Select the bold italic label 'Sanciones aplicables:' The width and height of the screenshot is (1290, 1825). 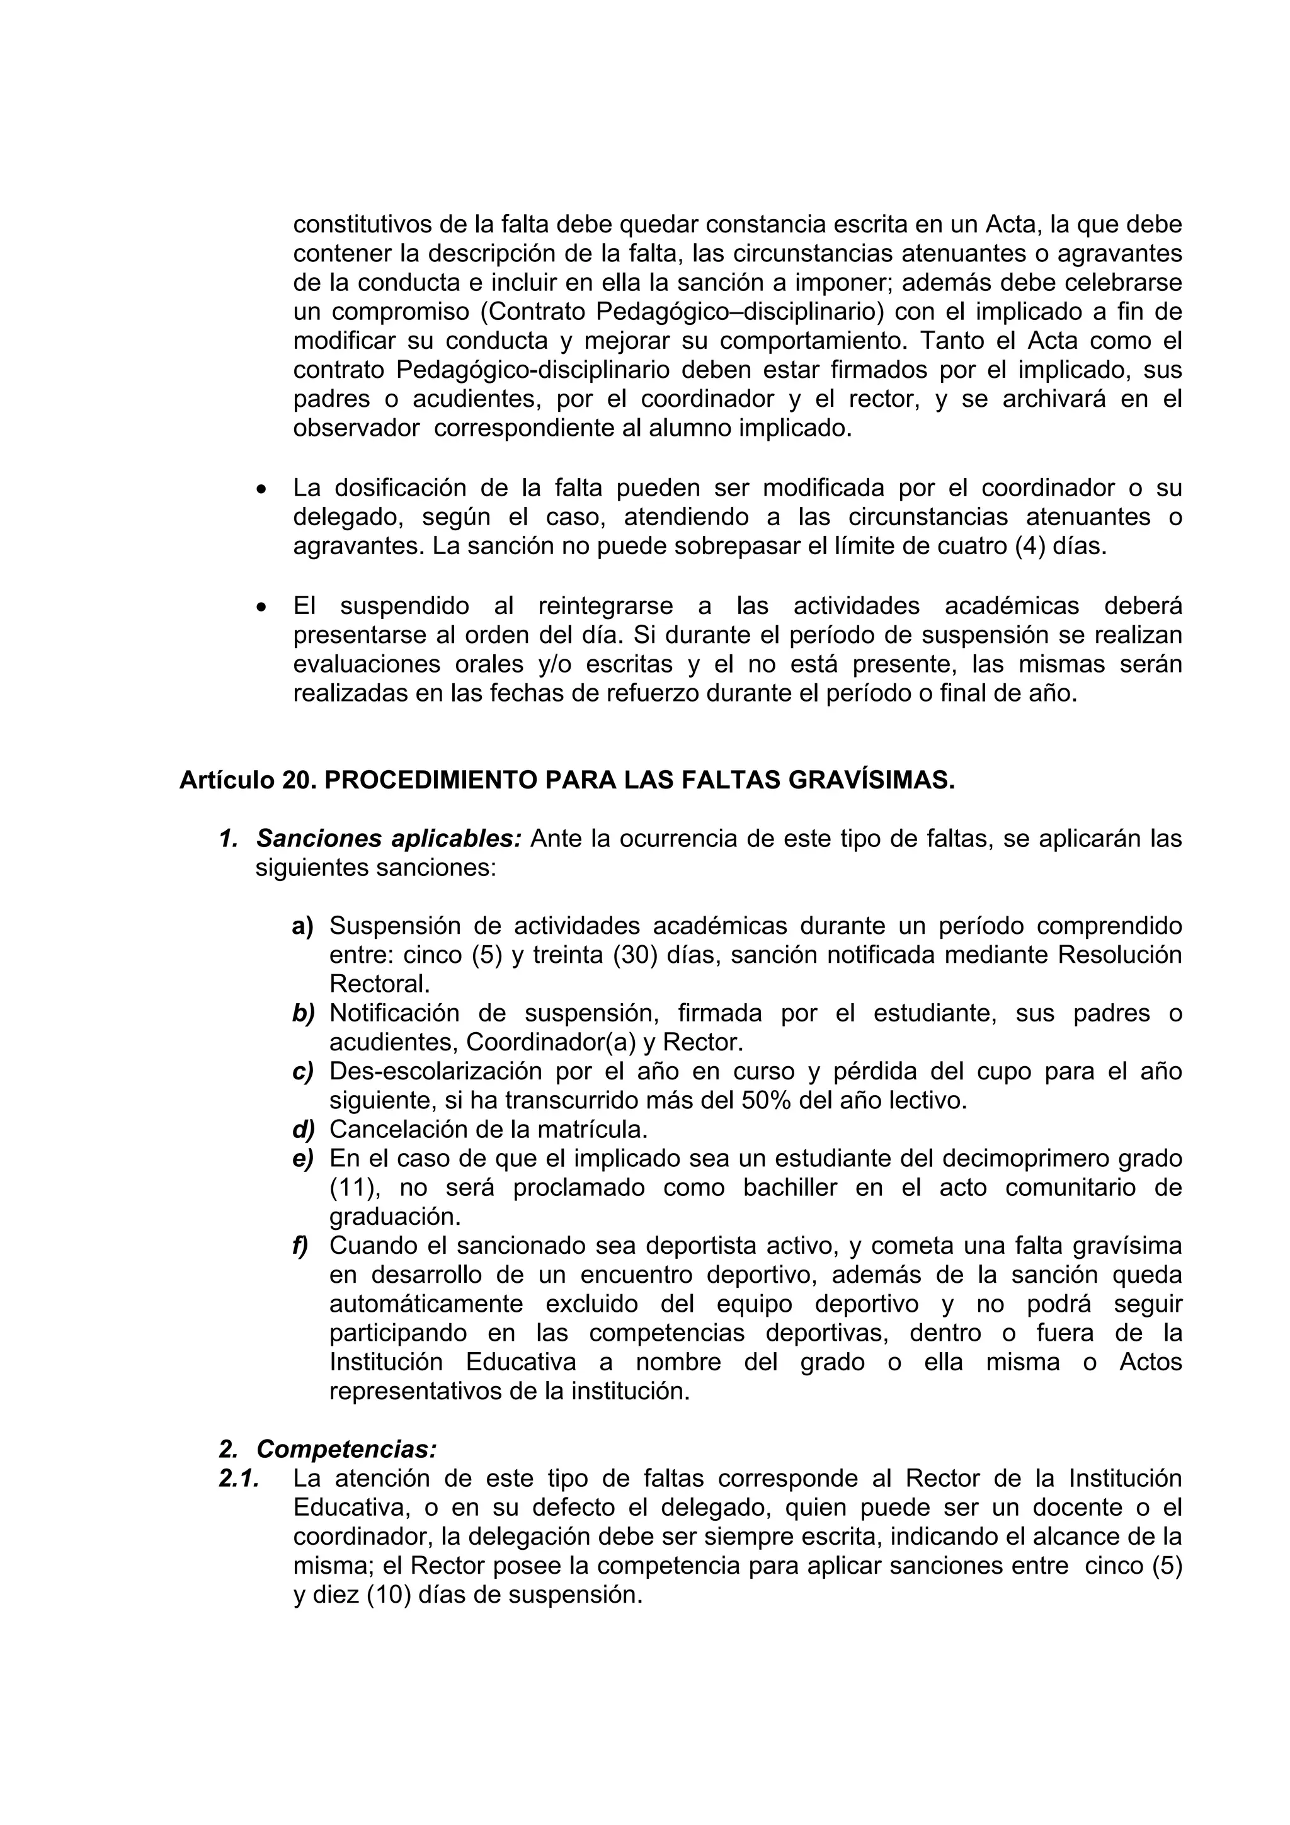[x=389, y=839]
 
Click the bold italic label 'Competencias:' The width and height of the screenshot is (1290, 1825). [x=346, y=1449]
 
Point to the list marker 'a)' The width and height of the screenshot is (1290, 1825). [x=303, y=926]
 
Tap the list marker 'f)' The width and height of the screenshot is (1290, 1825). [x=300, y=1246]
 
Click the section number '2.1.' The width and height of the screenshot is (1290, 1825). [x=239, y=1479]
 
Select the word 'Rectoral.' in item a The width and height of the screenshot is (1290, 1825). [x=379, y=984]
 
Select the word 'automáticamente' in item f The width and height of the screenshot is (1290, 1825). [x=426, y=1304]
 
